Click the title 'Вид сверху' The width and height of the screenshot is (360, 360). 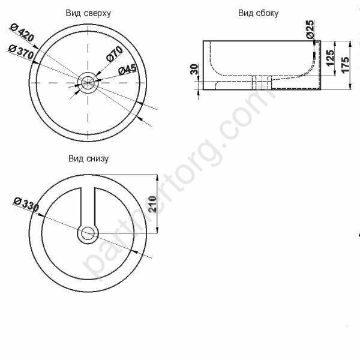click(x=89, y=13)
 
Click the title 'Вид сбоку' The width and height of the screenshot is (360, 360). click(x=258, y=13)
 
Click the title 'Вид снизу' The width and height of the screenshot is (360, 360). click(x=88, y=159)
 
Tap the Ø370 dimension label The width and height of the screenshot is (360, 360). click(x=22, y=52)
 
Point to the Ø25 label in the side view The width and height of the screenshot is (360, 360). click(x=310, y=29)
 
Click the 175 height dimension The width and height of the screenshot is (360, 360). click(x=345, y=65)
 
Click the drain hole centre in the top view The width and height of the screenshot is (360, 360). click(x=88, y=82)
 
